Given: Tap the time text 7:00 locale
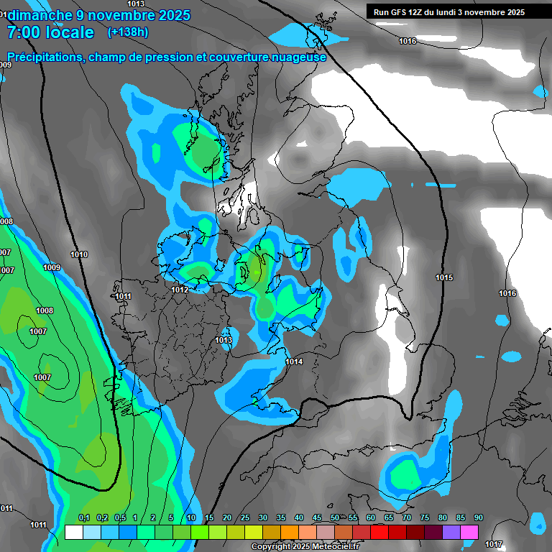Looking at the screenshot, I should click(x=50, y=32).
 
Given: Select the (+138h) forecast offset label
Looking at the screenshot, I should click(x=127, y=32).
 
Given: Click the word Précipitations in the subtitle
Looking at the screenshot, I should click(x=42, y=57).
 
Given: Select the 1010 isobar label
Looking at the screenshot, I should click(x=79, y=254).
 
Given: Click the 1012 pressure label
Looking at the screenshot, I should click(x=180, y=290).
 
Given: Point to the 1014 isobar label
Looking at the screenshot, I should click(x=294, y=362).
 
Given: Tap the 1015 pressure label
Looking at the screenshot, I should click(x=444, y=277).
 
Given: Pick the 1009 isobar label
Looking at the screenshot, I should click(x=52, y=267).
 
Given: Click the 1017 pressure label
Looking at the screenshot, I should click(x=494, y=544).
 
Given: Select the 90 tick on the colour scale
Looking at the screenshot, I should click(x=478, y=518).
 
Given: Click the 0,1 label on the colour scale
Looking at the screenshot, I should click(x=84, y=518).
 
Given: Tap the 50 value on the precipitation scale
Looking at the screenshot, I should click(x=335, y=518).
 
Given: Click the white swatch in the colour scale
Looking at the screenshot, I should click(x=73, y=533).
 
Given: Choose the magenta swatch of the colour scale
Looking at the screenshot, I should click(x=469, y=533).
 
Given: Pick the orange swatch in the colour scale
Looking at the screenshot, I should click(x=290, y=533).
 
